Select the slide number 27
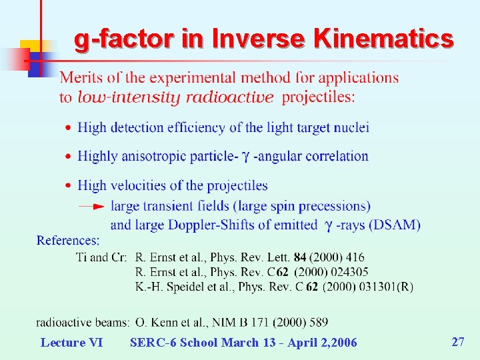[x=458, y=342]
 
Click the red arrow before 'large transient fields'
[x=91, y=207]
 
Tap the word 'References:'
[x=68, y=240]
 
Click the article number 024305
[x=346, y=272]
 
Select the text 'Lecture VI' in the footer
[x=71, y=343]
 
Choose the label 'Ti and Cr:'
[x=101, y=257]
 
